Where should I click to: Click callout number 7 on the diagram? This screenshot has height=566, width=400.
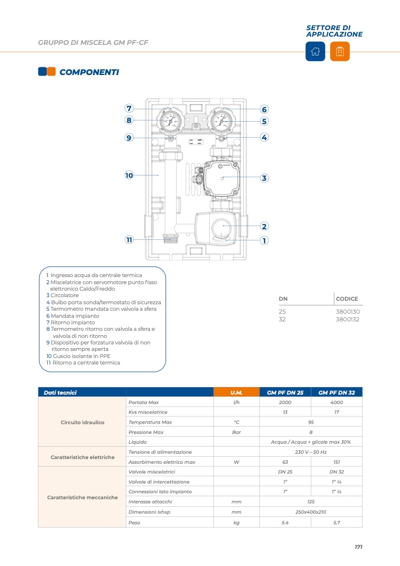[129, 108]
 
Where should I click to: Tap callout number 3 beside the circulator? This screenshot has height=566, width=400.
[264, 178]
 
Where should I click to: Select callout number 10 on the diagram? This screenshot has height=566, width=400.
[129, 175]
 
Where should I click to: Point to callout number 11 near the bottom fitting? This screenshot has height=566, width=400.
[129, 240]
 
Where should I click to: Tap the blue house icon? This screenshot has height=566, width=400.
[315, 51]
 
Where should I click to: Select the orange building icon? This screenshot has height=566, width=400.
[340, 51]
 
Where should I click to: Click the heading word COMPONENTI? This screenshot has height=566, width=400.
[89, 72]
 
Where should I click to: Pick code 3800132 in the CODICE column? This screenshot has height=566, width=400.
[347, 319]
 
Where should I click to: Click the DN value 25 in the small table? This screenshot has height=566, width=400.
[282, 311]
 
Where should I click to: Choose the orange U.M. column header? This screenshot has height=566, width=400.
[236, 392]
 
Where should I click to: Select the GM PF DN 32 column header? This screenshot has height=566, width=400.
[336, 392]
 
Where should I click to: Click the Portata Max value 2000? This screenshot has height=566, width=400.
[285, 402]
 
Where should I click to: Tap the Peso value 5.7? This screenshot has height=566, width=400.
[336, 522]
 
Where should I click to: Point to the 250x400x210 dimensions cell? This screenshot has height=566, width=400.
[311, 512]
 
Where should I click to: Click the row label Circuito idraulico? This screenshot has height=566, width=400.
[82, 422]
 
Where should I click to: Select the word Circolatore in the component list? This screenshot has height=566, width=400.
[64, 295]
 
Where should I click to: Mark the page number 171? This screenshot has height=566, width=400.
[359, 547]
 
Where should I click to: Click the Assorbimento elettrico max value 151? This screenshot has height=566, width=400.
[336, 461]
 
